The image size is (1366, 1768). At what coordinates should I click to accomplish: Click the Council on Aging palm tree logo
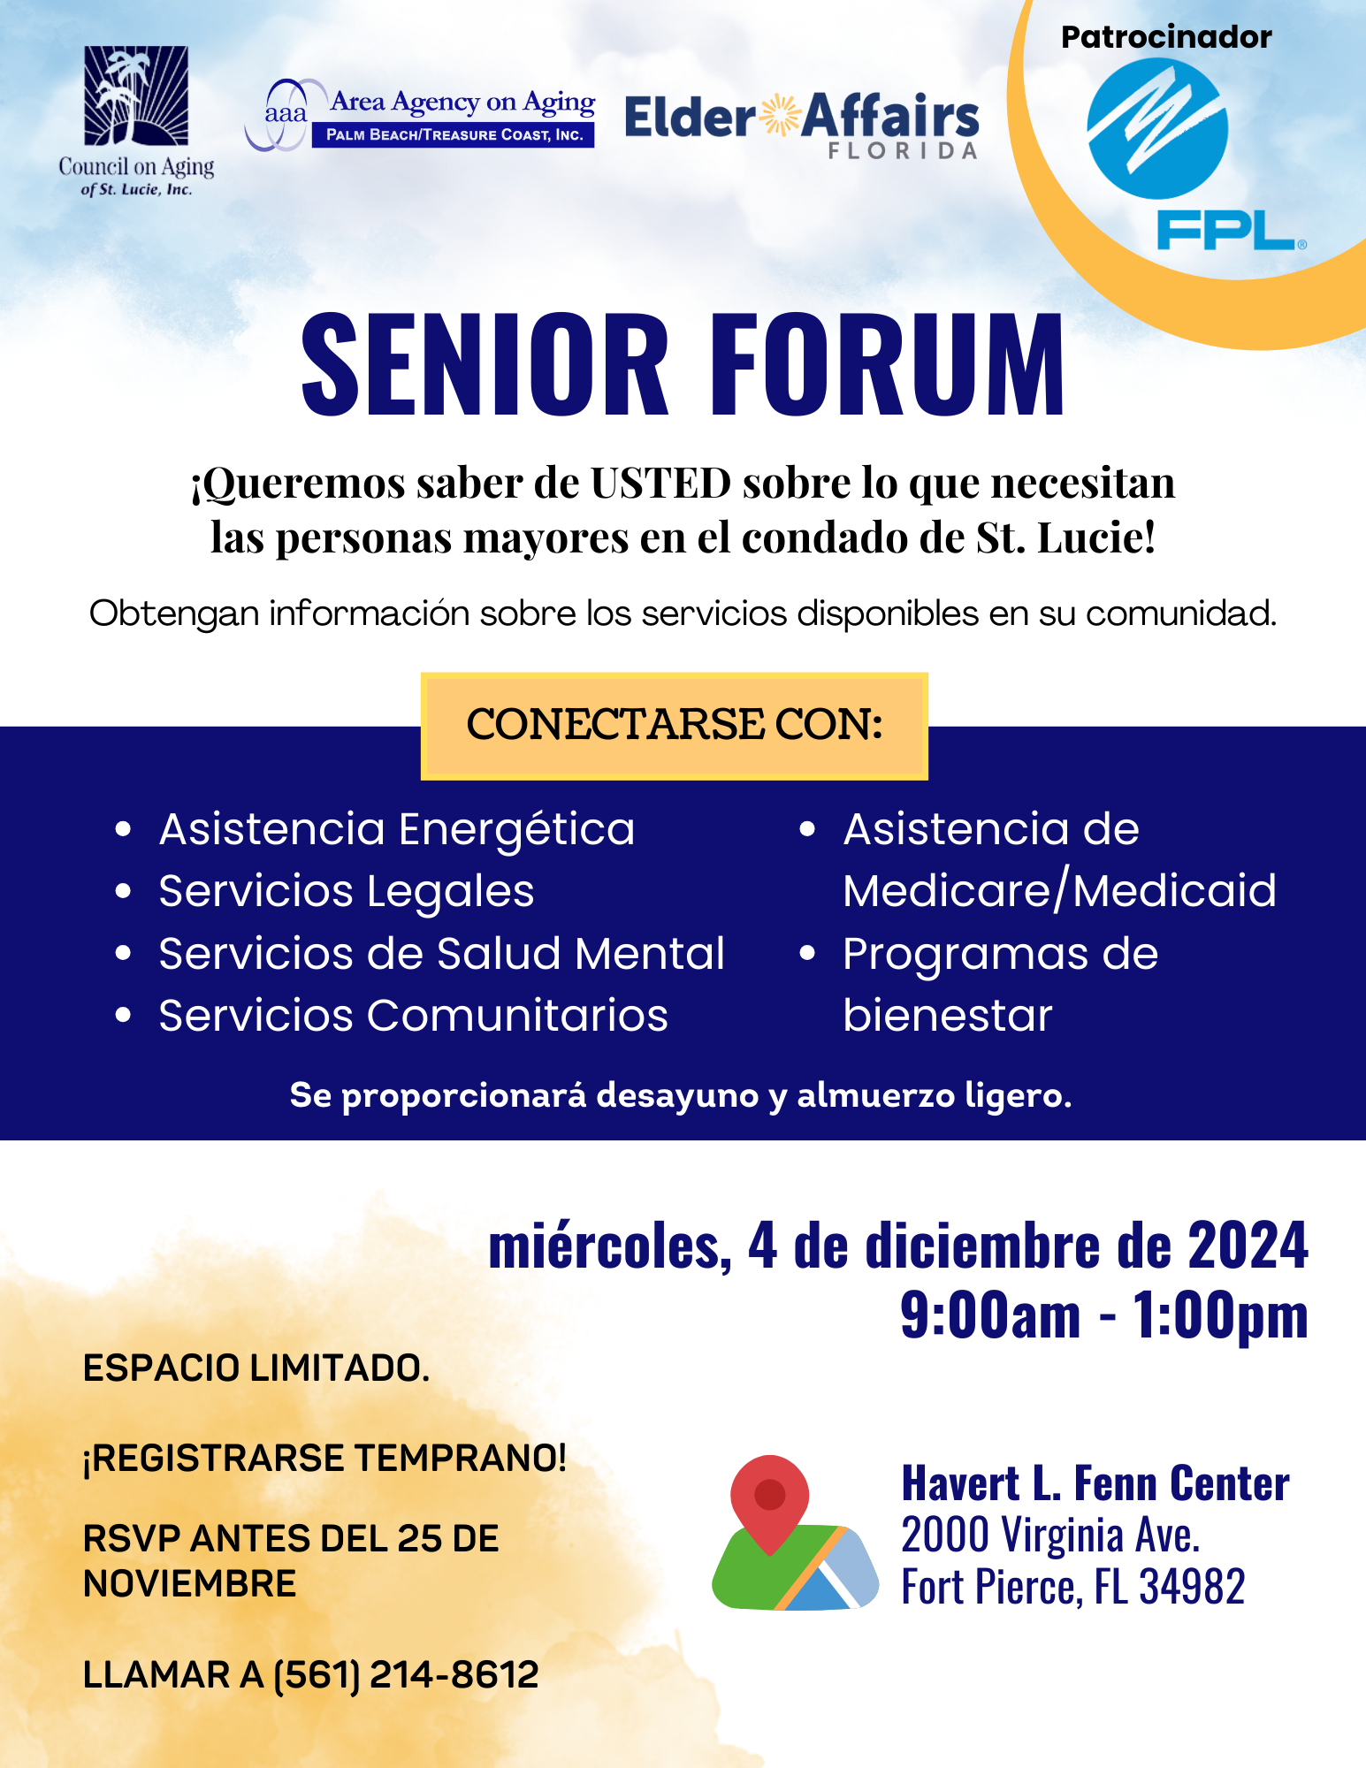[x=136, y=95]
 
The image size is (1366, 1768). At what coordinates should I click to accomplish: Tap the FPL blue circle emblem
[x=1157, y=129]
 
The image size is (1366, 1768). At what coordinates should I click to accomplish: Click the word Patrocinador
[x=1166, y=37]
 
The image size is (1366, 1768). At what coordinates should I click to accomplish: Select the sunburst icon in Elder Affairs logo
[x=779, y=116]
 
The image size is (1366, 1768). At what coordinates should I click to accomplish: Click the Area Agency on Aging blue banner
[x=454, y=134]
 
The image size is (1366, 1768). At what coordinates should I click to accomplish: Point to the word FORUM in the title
[x=888, y=363]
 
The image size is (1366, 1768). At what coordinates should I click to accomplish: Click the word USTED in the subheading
[x=660, y=483]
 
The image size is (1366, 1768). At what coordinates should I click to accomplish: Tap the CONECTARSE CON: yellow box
[x=675, y=726]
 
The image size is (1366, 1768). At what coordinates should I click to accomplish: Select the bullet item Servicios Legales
[x=347, y=891]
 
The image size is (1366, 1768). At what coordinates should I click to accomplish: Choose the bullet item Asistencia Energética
[x=397, y=830]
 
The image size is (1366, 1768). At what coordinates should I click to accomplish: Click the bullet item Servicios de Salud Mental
[x=442, y=954]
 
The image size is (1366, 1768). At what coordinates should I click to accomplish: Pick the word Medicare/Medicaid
[x=1059, y=890]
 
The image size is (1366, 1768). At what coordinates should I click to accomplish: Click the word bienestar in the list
[x=948, y=1015]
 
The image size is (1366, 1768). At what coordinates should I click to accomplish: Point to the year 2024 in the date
[x=1248, y=1245]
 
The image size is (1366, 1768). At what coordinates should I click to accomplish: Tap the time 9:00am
[x=990, y=1315]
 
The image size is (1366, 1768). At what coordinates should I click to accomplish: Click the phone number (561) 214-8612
[x=406, y=1675]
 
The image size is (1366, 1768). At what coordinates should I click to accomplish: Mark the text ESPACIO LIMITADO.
[x=256, y=1368]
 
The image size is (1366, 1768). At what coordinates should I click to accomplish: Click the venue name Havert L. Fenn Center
[x=1095, y=1483]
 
